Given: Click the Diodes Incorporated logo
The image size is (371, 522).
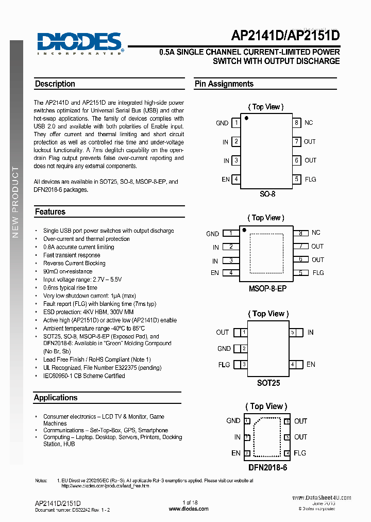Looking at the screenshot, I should coord(79,42).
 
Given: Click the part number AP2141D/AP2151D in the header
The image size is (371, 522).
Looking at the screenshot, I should coord(285,36).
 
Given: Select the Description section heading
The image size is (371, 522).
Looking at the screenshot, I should coord(55,84).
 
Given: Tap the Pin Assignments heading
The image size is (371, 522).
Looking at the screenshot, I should coord(224,84).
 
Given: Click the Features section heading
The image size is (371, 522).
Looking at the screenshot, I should coord(50,211).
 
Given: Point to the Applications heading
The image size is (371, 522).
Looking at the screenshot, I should coord(56,398).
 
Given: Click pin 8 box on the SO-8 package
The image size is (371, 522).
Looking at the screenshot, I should coord(296,123).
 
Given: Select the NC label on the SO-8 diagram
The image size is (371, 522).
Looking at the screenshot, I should coord(309,123).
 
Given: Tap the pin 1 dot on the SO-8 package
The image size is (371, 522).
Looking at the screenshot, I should coord(246,119).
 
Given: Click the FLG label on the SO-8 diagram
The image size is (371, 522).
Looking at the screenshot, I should coord(310,180).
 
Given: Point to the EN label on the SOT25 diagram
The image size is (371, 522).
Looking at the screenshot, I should coord(311,364).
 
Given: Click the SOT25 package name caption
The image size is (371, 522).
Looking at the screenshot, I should coord(268,383).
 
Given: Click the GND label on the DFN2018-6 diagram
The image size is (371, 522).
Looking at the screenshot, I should coord(233,421).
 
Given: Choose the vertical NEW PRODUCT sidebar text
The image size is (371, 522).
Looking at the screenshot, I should coord(15,201).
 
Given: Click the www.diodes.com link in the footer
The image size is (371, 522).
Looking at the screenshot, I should coord(189,509).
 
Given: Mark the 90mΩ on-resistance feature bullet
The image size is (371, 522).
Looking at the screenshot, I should coord(68,271).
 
